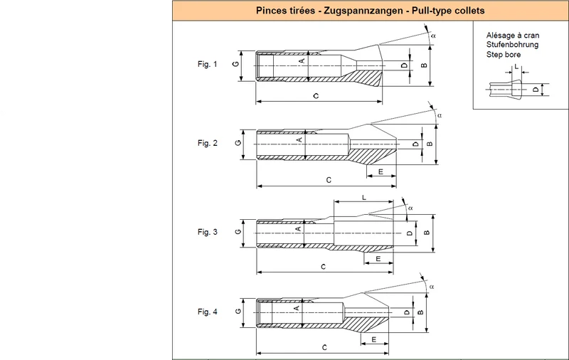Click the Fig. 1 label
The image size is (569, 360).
tap(207, 64)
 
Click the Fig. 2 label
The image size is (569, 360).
tap(207, 143)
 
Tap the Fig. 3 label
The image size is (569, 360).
tap(207, 232)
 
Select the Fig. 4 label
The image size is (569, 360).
tap(207, 312)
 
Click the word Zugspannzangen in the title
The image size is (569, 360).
tap(363, 11)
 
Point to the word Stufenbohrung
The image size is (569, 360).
tap(512, 45)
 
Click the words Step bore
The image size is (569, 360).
tap(504, 55)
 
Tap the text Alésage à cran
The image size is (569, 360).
tap(513, 35)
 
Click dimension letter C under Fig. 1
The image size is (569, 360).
tap(316, 96)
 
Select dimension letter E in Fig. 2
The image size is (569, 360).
tap(381, 171)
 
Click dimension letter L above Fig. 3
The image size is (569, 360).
tap(364, 198)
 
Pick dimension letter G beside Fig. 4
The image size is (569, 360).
tap(238, 312)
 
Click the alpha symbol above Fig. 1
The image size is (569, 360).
tap(433, 36)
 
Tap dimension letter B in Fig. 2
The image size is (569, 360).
tap(430, 144)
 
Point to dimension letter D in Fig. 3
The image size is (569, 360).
tap(410, 233)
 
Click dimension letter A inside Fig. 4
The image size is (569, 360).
tap(297, 309)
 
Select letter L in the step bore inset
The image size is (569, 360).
tap(517, 67)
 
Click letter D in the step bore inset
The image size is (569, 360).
tap(536, 89)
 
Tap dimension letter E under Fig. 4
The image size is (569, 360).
tap(374, 339)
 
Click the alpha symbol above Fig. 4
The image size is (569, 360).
tap(432, 287)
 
